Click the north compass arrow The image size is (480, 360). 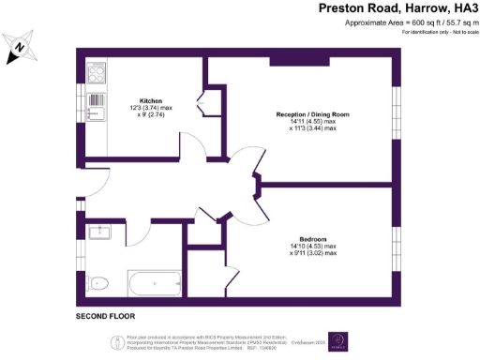[20, 48]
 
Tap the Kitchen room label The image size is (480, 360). [152, 100]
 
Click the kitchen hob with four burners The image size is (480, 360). [97, 71]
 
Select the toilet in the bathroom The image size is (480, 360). [101, 282]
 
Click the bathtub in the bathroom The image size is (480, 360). [149, 282]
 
